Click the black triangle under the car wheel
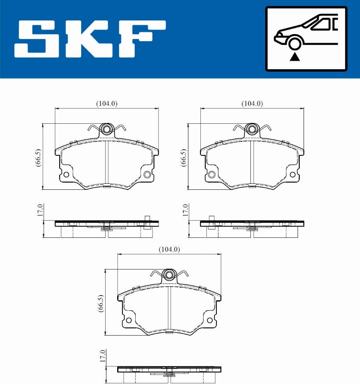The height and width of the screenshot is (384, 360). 295,56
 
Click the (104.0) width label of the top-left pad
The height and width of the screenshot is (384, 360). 106,103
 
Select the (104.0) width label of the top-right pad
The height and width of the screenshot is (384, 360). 252,103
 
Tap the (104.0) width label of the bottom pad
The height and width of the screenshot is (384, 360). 169,249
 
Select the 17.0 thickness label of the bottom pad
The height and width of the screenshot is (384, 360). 102,356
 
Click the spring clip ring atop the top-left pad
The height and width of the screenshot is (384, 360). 106,129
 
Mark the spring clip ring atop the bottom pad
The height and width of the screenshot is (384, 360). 169,275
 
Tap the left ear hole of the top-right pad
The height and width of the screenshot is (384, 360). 211,174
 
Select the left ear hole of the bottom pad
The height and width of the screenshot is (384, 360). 128,320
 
